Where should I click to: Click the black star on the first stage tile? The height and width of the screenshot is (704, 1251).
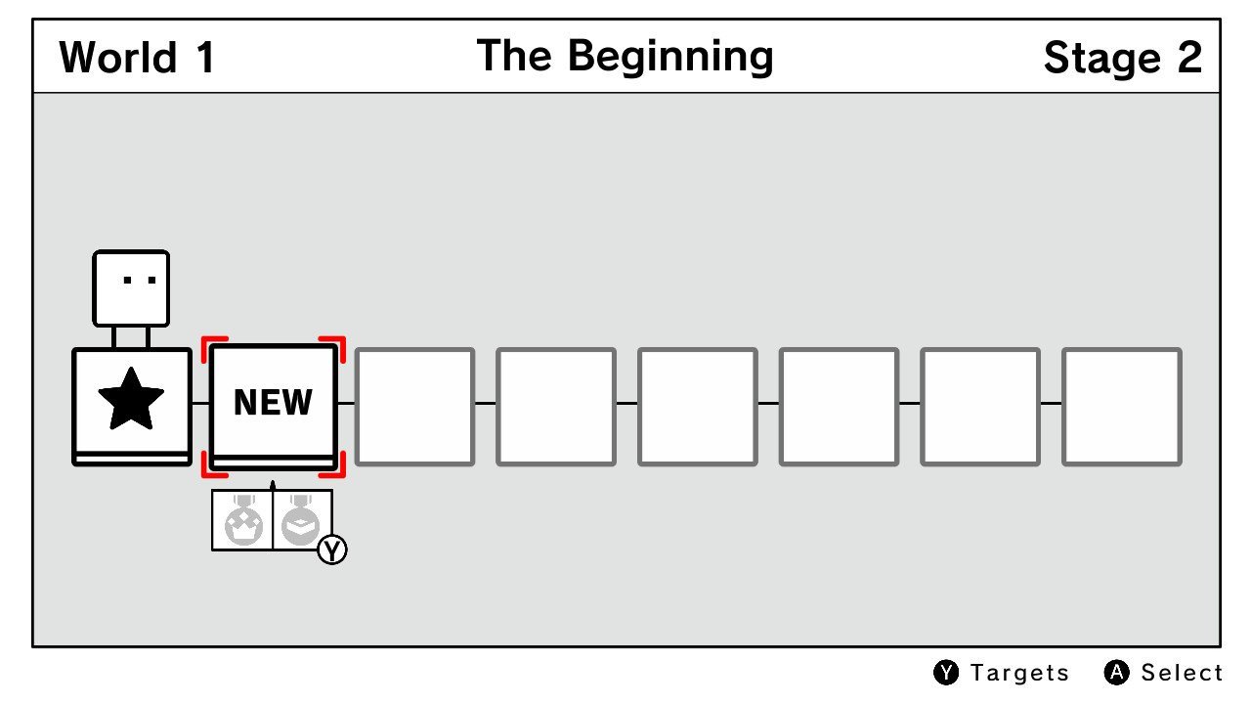(131, 399)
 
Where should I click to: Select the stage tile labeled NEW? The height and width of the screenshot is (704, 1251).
(273, 407)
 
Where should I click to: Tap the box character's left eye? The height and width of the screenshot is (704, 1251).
(127, 280)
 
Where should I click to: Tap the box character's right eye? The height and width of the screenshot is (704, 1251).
(151, 280)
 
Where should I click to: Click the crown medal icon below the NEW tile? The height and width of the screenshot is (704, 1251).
(243, 521)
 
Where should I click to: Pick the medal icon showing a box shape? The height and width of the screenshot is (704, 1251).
(300, 521)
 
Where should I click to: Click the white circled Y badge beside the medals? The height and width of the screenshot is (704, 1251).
(332, 550)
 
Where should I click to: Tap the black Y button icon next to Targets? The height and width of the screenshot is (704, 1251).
(946, 673)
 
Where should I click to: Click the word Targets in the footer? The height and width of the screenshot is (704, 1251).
(1019, 673)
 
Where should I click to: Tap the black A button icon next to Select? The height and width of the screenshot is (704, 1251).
(1116, 673)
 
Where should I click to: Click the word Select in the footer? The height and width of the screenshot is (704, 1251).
(1182, 673)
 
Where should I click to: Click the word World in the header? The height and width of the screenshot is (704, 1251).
(118, 57)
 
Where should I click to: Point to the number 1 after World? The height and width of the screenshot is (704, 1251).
(206, 57)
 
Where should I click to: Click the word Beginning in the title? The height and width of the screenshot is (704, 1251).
(670, 57)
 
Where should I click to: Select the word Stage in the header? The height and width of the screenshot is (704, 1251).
(1101, 58)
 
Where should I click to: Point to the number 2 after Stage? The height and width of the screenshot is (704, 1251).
(1189, 57)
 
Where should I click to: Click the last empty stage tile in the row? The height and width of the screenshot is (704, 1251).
(1121, 407)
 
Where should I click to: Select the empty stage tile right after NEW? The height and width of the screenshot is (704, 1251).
(415, 407)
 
